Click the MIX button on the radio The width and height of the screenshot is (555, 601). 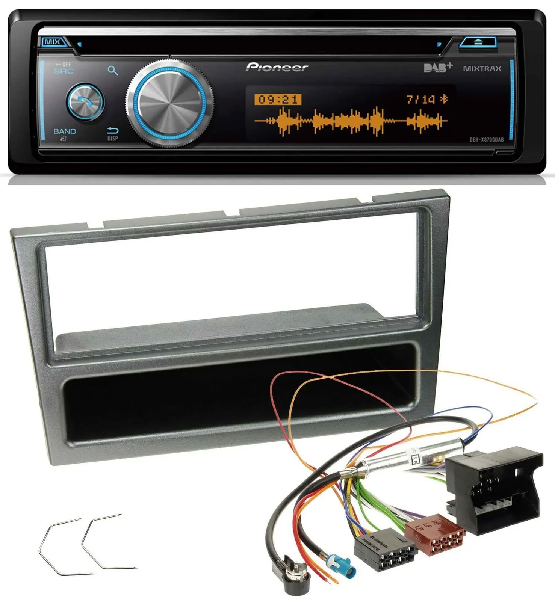click(x=53, y=42)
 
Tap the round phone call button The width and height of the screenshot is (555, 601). click(x=85, y=102)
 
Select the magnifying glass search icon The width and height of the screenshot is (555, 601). click(x=112, y=70)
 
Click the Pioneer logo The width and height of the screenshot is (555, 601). click(x=277, y=67)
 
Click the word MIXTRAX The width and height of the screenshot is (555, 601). click(x=482, y=69)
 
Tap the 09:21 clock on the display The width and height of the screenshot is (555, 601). click(x=278, y=100)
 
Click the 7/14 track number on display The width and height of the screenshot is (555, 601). click(x=421, y=100)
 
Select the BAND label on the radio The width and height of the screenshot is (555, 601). click(x=65, y=131)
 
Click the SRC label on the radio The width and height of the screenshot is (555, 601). click(x=64, y=71)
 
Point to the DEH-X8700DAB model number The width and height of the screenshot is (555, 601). click(x=487, y=140)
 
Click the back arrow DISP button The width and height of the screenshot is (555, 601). click(x=113, y=133)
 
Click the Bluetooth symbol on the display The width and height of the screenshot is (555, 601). click(x=444, y=99)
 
